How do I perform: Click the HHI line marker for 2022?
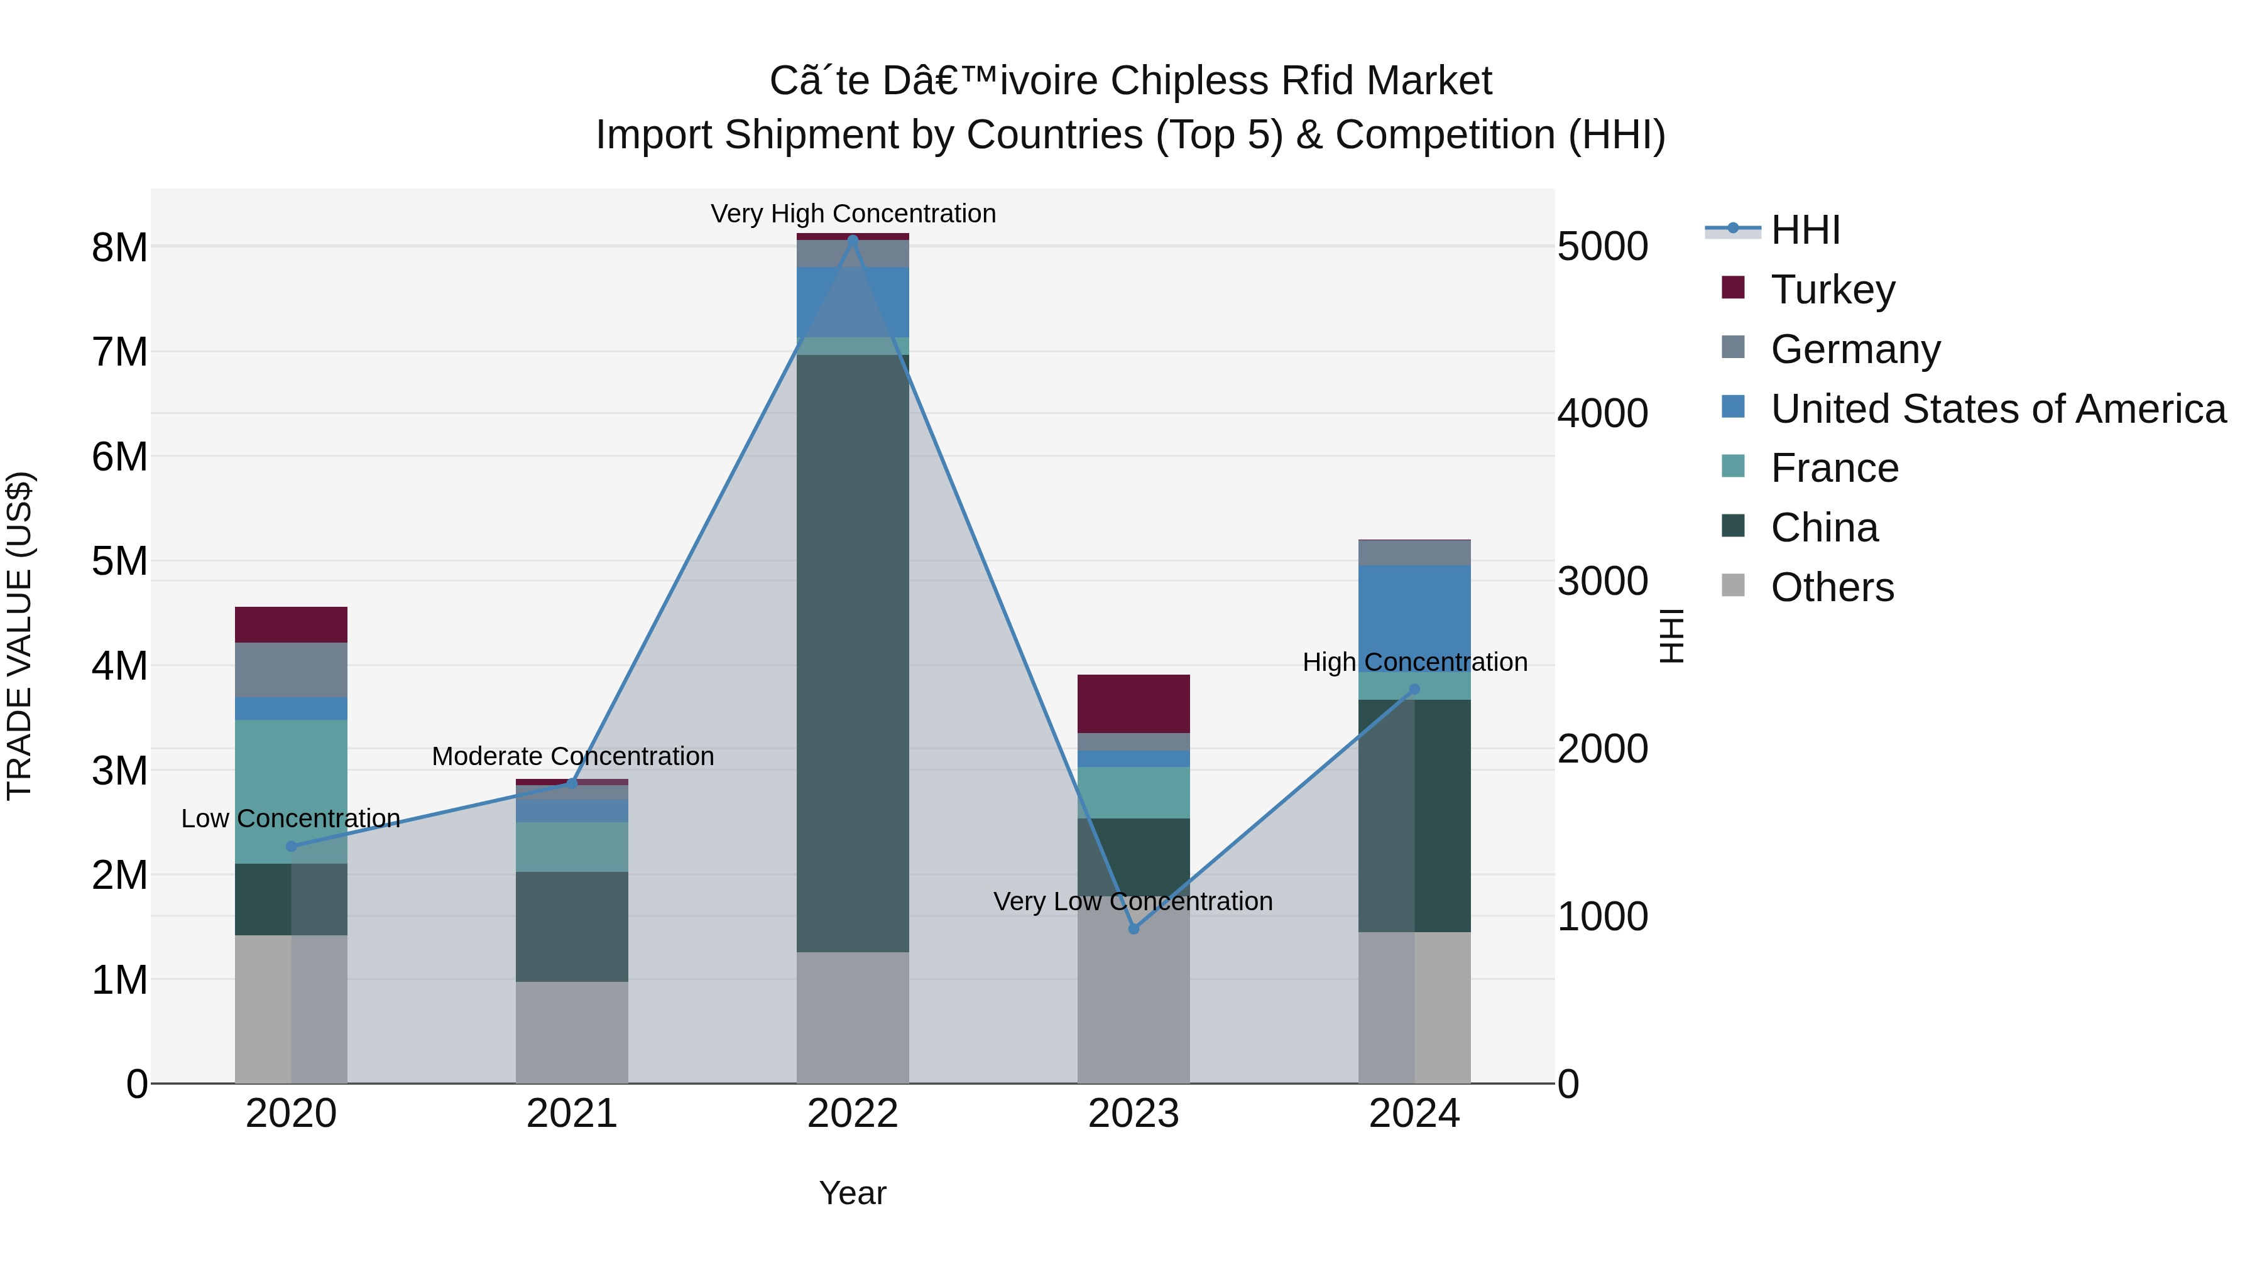pyautogui.click(x=853, y=239)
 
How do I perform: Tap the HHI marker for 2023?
pyautogui.click(x=1134, y=929)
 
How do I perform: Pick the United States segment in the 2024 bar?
pyautogui.click(x=1414, y=614)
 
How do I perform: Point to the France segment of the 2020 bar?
pyautogui.click(x=291, y=791)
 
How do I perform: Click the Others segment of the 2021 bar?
pyautogui.click(x=572, y=1032)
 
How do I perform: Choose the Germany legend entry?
pyautogui.click(x=1855, y=349)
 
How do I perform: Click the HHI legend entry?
pyautogui.click(x=1805, y=230)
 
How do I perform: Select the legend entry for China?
pyautogui.click(x=1824, y=528)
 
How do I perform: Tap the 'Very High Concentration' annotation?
pyautogui.click(x=853, y=214)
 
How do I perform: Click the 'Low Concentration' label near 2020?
pyautogui.click(x=291, y=818)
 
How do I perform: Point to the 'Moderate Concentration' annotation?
pyautogui.click(x=572, y=756)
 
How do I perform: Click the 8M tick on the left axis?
pyautogui.click(x=119, y=247)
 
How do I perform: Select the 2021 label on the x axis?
pyautogui.click(x=572, y=1114)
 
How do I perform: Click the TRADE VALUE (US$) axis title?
pyautogui.click(x=19, y=636)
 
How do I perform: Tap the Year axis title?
pyautogui.click(x=853, y=1193)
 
